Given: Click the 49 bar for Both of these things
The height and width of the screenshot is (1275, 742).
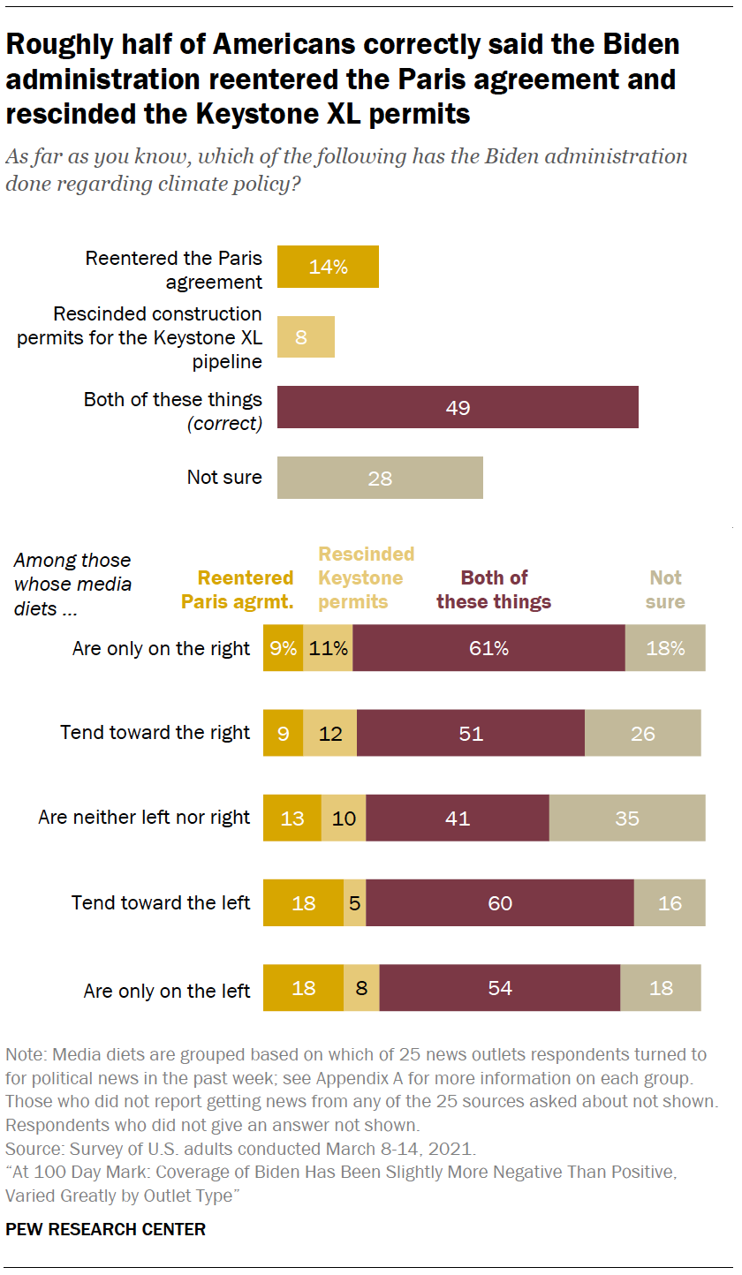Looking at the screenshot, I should pyautogui.click(x=458, y=407).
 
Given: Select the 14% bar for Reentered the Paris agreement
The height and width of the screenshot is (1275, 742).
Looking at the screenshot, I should pyautogui.click(x=328, y=267).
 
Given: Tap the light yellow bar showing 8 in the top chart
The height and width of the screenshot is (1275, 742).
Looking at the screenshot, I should pyautogui.click(x=306, y=336).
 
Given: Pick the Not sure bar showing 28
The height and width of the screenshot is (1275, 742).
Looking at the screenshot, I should pyautogui.click(x=380, y=478).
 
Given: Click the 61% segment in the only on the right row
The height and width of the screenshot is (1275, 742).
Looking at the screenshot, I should pyautogui.click(x=488, y=648).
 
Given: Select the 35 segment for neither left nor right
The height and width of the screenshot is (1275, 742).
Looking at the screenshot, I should pyautogui.click(x=627, y=818).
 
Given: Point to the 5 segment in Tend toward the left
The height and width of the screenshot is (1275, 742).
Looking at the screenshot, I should pyautogui.click(x=354, y=902).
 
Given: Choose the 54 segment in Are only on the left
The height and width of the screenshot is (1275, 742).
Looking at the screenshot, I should pyautogui.click(x=500, y=987).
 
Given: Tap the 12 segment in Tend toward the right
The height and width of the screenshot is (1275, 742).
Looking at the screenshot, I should pyautogui.click(x=330, y=733).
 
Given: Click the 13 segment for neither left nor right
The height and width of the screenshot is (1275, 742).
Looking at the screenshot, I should pyautogui.click(x=292, y=818).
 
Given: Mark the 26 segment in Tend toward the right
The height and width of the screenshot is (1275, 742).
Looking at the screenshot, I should pyautogui.click(x=643, y=733).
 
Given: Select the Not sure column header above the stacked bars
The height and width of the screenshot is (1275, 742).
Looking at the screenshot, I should pyautogui.click(x=665, y=590).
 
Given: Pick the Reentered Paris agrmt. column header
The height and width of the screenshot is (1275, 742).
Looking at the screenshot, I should pyautogui.click(x=237, y=590).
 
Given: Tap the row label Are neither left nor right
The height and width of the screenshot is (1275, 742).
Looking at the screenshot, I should pyautogui.click(x=144, y=818).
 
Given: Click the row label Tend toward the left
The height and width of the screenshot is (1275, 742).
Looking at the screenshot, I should pyautogui.click(x=161, y=902).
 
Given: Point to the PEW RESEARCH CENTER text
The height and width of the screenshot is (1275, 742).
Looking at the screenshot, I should pyautogui.click(x=105, y=1229).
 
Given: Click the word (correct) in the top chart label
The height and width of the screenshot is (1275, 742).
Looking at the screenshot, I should pyautogui.click(x=224, y=424).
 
